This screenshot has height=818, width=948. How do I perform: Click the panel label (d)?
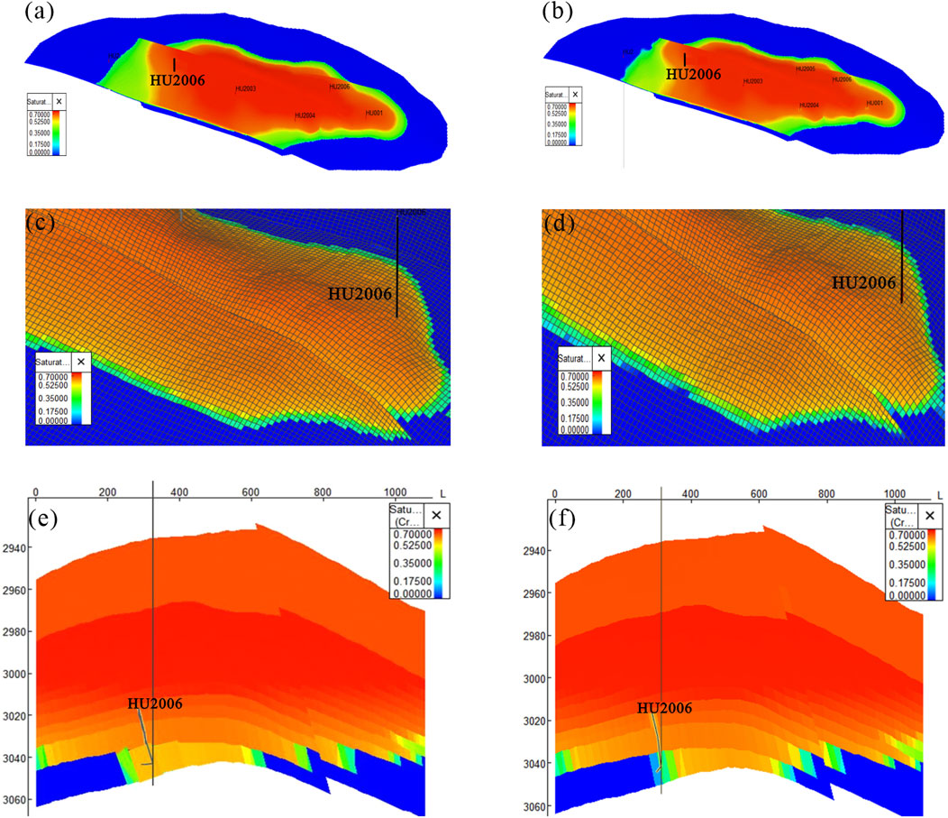click(558, 222)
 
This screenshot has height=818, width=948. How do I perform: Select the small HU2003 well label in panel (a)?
click(246, 88)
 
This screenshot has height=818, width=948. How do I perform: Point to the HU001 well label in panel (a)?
click(374, 114)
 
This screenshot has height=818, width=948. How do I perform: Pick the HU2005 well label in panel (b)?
click(805, 69)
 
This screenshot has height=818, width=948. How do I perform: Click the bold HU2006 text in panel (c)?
click(359, 293)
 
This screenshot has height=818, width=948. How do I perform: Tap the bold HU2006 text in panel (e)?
click(156, 703)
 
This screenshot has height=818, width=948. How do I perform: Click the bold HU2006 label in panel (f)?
click(664, 708)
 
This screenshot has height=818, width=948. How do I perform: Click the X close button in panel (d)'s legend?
click(602, 358)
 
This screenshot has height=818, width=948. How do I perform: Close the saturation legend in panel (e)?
click(436, 514)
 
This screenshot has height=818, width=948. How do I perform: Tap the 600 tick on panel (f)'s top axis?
click(758, 494)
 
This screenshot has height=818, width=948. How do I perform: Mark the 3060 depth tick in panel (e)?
click(15, 801)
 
